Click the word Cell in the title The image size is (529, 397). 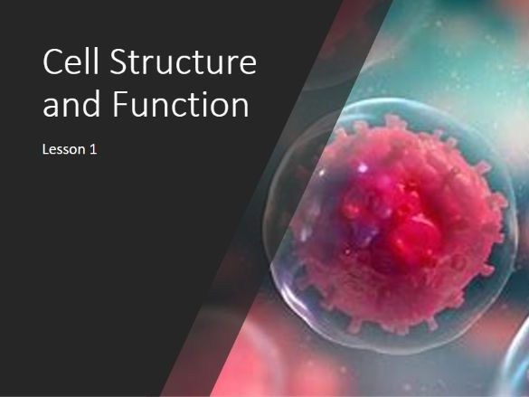[x=71, y=61]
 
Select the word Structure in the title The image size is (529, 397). [x=184, y=61]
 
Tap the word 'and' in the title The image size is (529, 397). [x=71, y=103]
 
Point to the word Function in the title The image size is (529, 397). [x=181, y=103]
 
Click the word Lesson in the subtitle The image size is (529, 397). [x=64, y=149]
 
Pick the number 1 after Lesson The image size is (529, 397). [x=93, y=149]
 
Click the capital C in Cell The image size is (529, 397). [x=52, y=61]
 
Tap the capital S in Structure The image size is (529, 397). [x=118, y=61]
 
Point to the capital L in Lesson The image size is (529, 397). [x=45, y=149]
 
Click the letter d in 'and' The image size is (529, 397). [x=91, y=103]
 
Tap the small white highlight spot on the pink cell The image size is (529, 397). [x=363, y=167]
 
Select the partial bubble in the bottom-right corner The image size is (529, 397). [x=515, y=361]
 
